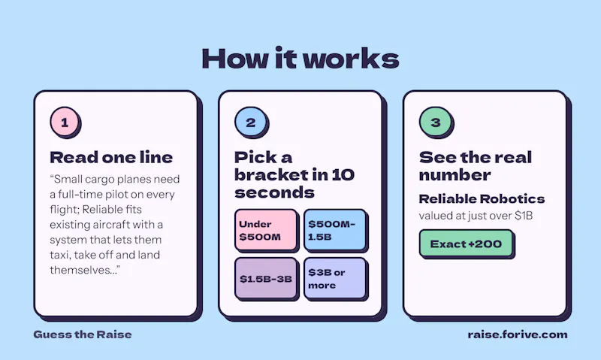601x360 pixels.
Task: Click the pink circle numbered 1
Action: tap(65, 122)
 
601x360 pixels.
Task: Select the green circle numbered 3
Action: tap(434, 122)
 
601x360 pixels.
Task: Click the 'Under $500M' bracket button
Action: tap(266, 230)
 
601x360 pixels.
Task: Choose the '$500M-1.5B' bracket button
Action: tap(335, 230)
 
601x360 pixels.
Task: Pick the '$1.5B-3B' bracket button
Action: tap(266, 278)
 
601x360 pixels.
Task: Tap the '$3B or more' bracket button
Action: tap(335, 278)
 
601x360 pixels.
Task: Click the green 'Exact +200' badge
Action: tap(466, 243)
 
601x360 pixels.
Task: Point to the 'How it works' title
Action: tap(300, 59)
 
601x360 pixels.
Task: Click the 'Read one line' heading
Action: tap(111, 157)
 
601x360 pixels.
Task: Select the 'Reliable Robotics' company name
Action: tap(482, 198)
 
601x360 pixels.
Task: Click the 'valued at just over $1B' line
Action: tap(476, 216)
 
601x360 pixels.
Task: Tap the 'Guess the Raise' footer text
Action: tap(83, 334)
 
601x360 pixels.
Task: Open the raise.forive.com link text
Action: tap(518, 334)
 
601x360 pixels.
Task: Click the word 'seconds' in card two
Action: tap(274, 192)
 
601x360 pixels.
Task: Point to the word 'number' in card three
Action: tap(455, 175)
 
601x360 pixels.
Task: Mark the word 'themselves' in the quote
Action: tap(80, 270)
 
